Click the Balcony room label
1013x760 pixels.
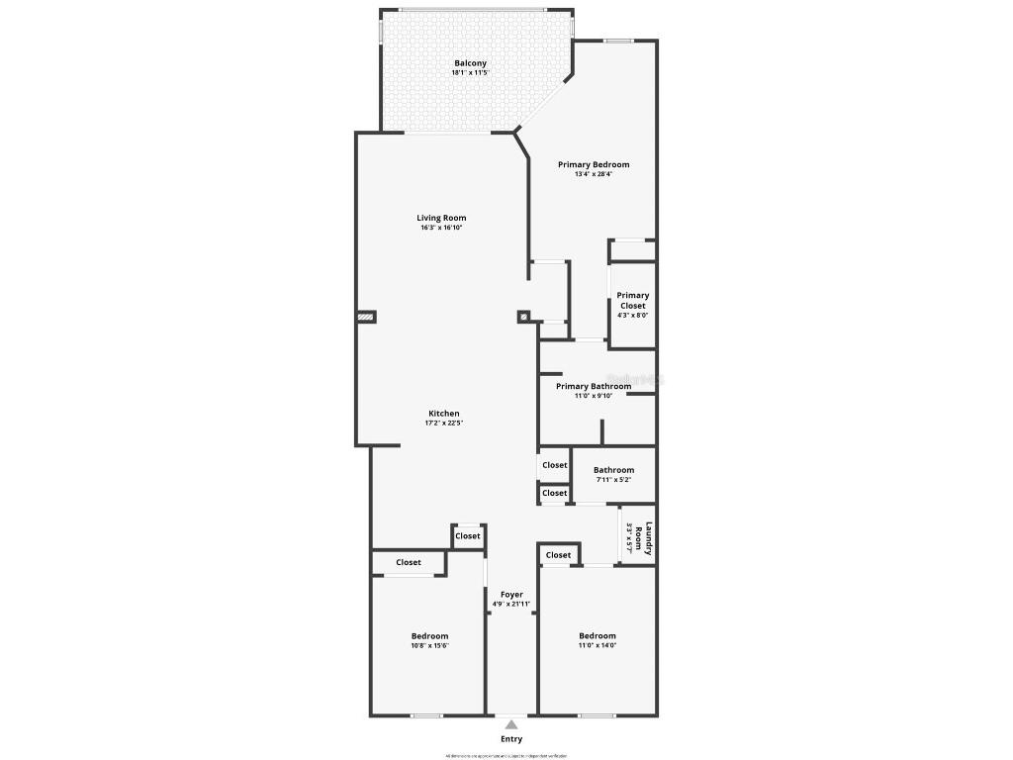(470, 63)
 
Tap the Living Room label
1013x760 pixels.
(441, 218)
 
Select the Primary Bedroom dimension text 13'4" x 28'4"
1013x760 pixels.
(594, 174)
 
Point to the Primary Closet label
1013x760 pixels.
(633, 300)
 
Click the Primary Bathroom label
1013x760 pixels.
(593, 386)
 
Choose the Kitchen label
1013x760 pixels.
(443, 414)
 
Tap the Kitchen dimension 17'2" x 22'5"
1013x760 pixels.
(443, 424)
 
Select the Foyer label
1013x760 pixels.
(511, 595)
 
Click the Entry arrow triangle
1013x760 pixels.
(511, 724)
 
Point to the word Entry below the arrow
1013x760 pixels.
(511, 739)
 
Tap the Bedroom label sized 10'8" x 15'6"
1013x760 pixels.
(430, 636)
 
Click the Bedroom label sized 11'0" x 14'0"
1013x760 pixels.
(598, 636)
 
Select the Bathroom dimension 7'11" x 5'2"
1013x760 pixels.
(613, 480)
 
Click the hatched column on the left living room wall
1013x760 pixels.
(366, 318)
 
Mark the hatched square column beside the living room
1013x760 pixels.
(523, 318)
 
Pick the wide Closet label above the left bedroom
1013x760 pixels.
(409, 562)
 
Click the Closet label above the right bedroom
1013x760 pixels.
(558, 555)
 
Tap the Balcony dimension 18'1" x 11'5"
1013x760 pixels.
(470, 73)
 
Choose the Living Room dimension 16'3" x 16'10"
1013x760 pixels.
(441, 228)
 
